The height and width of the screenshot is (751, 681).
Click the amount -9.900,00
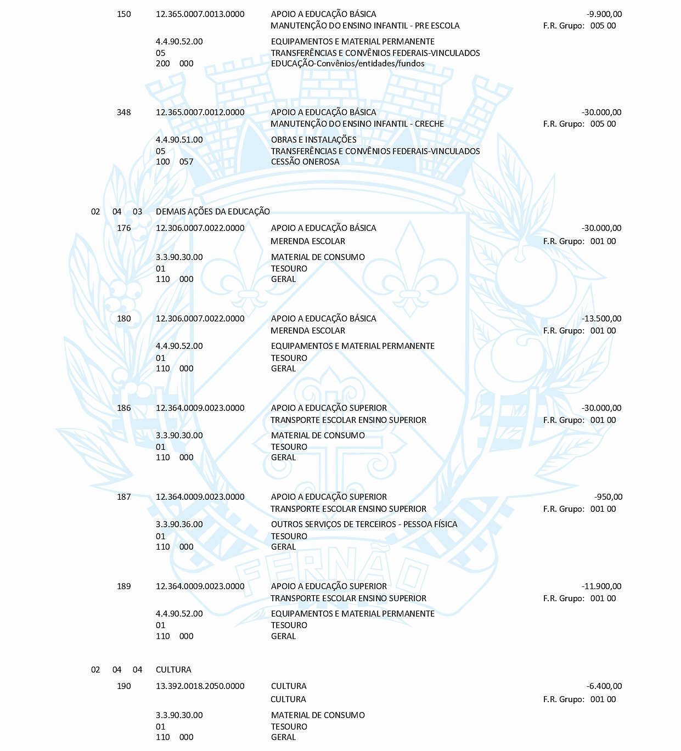604,14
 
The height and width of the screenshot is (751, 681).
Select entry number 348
124,112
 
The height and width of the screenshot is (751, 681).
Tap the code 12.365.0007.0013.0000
200,14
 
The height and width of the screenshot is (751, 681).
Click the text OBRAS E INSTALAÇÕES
313,140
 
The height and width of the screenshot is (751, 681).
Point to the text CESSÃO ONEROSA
305,162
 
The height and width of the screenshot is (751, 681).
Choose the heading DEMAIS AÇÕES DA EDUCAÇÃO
213,212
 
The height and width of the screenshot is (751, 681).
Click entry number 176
124,228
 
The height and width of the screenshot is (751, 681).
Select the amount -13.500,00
601,319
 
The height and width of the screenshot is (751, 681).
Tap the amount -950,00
608,497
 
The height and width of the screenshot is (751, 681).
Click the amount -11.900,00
601,586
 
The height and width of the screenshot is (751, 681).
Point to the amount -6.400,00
604,686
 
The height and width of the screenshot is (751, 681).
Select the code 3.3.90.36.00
179,524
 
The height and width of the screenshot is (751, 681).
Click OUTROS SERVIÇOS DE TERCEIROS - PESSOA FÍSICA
364,524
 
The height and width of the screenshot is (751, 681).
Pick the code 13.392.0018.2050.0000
200,686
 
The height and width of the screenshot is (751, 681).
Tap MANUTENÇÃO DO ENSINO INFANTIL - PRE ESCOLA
365,26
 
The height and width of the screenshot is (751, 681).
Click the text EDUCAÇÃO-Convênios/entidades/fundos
347,64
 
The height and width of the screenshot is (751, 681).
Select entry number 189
124,586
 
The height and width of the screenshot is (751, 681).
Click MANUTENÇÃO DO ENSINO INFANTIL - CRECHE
357,124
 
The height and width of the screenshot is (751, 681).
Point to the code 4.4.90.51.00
179,140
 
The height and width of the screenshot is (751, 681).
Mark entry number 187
124,497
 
